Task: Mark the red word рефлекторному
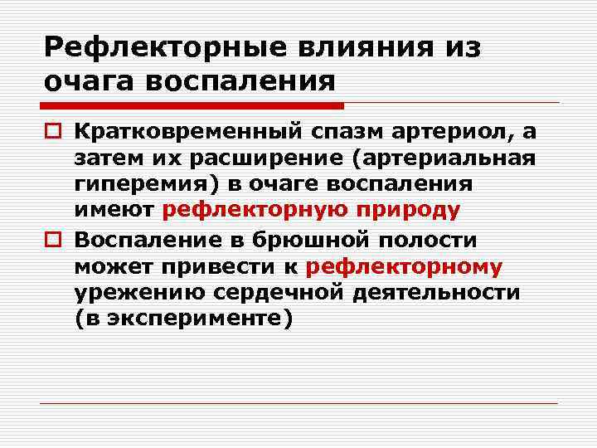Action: pyautogui.click(x=405, y=266)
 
